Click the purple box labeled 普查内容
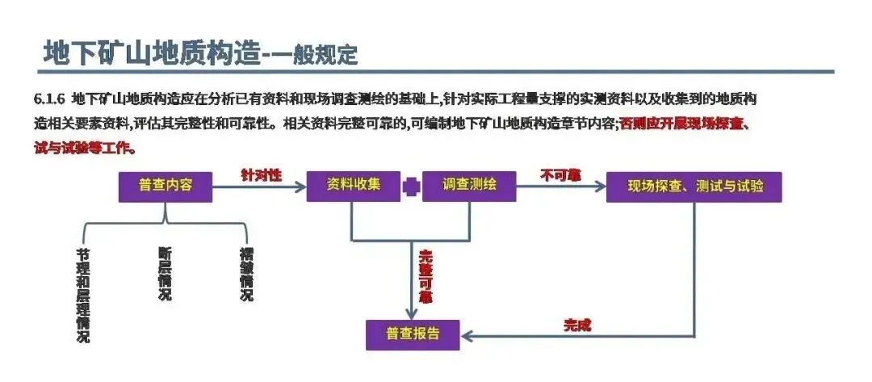point(166,187)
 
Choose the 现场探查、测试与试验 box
point(694,187)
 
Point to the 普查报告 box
point(412,334)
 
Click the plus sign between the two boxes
point(412,187)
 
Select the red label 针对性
point(261,174)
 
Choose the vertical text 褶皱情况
point(246,274)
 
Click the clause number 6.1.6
point(48,100)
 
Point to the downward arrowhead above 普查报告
point(412,313)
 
